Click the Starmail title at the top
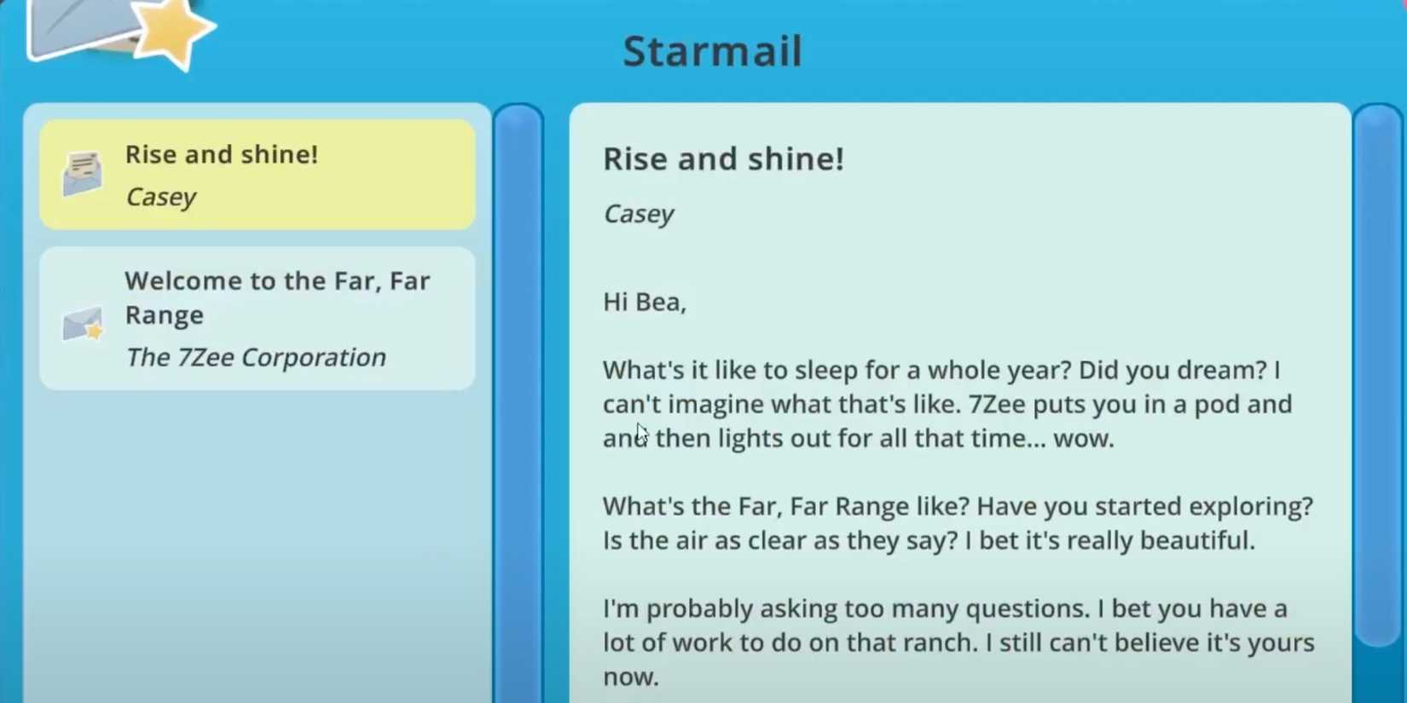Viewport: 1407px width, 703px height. (712, 51)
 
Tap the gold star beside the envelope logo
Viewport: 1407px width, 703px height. (173, 32)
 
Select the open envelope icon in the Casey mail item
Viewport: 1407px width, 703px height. (83, 174)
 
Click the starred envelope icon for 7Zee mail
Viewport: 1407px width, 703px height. (83, 324)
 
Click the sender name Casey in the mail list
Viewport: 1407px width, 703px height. (160, 197)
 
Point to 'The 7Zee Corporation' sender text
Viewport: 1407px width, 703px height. (255, 357)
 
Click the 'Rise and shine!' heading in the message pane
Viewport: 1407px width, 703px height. (723, 159)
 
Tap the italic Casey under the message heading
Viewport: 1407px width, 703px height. (638, 214)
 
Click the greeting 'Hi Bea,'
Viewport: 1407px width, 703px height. (644, 302)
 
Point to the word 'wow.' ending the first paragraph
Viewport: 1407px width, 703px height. (1083, 439)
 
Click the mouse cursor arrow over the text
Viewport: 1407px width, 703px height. (641, 433)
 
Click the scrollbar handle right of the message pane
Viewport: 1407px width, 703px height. (1377, 375)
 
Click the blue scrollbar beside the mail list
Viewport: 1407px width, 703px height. (518, 400)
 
